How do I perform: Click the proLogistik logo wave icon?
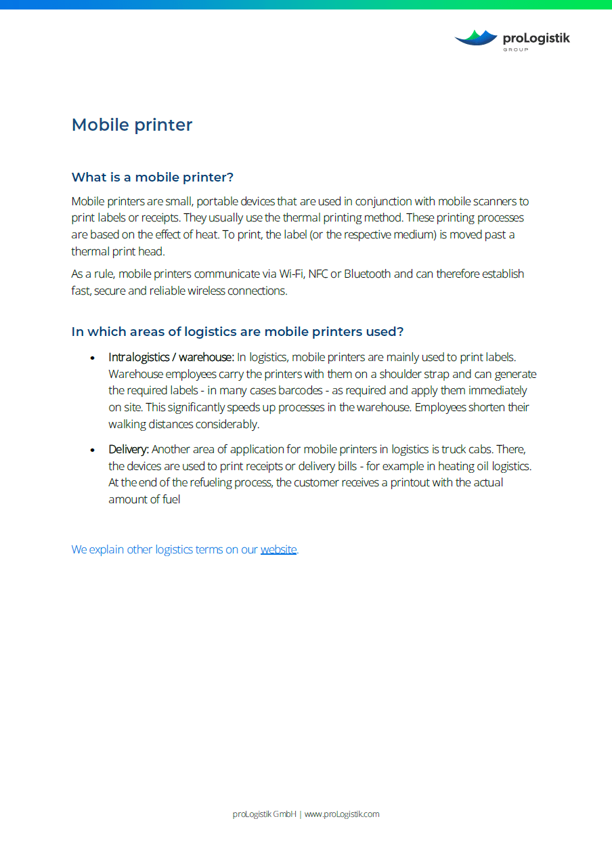(x=476, y=38)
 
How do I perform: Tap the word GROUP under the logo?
(x=516, y=49)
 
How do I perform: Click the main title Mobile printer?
(x=132, y=125)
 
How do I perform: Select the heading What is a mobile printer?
(x=152, y=177)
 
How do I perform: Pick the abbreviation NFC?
(x=318, y=274)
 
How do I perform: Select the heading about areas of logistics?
(x=238, y=332)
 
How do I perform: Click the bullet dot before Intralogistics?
(x=92, y=358)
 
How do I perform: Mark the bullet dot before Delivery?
(x=92, y=450)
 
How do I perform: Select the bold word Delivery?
(x=129, y=450)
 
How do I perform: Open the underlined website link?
(x=278, y=549)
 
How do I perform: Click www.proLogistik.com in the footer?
(x=342, y=814)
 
